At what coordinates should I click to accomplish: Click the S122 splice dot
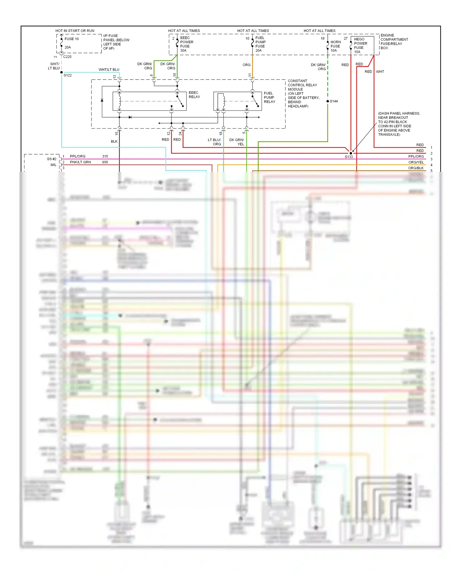point(62,72)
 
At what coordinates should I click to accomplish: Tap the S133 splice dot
point(351,153)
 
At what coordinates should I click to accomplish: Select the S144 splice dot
point(328,101)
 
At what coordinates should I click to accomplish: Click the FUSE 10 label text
point(71,39)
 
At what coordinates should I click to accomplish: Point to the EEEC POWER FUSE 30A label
point(186,44)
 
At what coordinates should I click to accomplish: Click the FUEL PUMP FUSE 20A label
point(260,44)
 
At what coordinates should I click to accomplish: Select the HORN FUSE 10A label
point(335,46)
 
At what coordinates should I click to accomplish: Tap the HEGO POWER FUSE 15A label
point(360,45)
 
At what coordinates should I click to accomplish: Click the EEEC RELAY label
point(194,95)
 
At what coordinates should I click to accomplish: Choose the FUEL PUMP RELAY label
point(269,97)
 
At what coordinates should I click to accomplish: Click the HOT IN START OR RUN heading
point(75,31)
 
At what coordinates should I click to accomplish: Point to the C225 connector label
point(67,57)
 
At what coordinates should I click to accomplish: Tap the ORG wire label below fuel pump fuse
point(246,65)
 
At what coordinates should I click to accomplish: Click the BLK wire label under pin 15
point(114,141)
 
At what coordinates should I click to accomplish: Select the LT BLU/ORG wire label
point(214,142)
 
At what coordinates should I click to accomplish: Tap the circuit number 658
point(105,162)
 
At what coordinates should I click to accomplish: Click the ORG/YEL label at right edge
point(416,162)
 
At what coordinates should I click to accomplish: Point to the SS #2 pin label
point(52,159)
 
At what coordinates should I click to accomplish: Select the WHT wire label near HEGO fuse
point(380,72)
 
